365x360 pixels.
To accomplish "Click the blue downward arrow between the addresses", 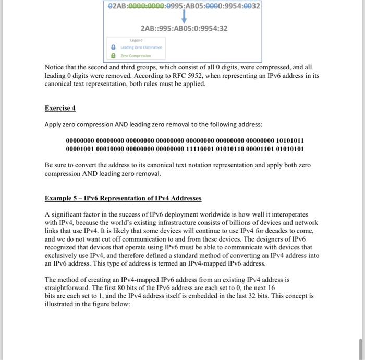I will pyautogui.click(x=184, y=18).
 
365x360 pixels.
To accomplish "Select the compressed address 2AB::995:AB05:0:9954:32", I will pyautogui.click(x=184, y=28).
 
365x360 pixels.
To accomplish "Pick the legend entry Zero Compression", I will pyautogui.click(x=135, y=55).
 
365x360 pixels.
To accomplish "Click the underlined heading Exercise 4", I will pyautogui.click(x=60, y=108).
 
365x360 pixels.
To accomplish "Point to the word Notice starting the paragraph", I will pyautogui.click(x=57, y=67).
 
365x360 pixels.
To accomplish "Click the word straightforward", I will pyautogui.click(x=69, y=287).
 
